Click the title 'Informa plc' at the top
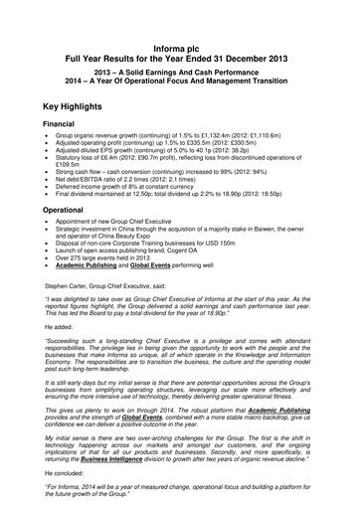pyautogui.click(x=180, y=48)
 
